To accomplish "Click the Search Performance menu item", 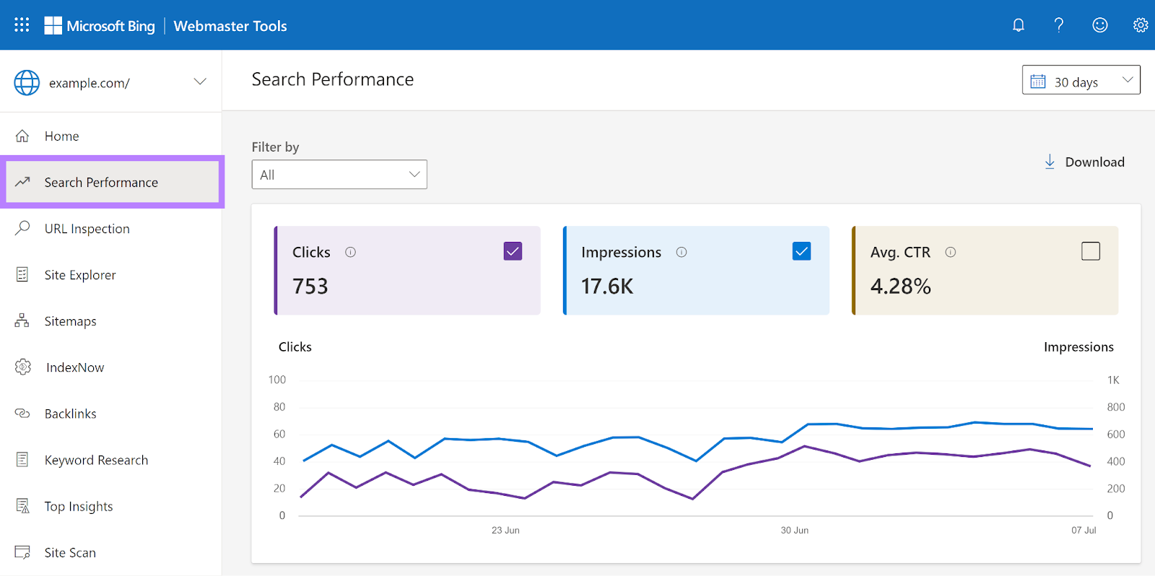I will pyautogui.click(x=101, y=183).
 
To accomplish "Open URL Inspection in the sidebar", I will pyautogui.click(x=87, y=229).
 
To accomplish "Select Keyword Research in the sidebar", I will pyautogui.click(x=96, y=461).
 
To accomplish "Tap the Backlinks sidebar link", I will pyautogui.click(x=70, y=414).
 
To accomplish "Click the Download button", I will pyautogui.click(x=1085, y=162).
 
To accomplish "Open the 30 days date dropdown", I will pyautogui.click(x=1081, y=81).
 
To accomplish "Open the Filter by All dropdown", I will pyautogui.click(x=339, y=175).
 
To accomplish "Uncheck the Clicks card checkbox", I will pyautogui.click(x=513, y=251).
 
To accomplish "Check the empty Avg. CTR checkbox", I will pyautogui.click(x=1091, y=251).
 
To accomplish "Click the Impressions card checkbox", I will pyautogui.click(x=801, y=251).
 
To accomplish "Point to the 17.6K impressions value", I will pyautogui.click(x=607, y=287).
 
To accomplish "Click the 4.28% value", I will pyautogui.click(x=900, y=287).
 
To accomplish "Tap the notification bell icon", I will pyautogui.click(x=1019, y=25).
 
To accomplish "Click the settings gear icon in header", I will pyautogui.click(x=1140, y=25).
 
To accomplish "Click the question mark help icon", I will pyautogui.click(x=1059, y=25).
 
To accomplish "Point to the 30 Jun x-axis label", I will pyautogui.click(x=794, y=531).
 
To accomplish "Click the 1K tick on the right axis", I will pyautogui.click(x=1113, y=380).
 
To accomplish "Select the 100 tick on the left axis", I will pyautogui.click(x=277, y=380).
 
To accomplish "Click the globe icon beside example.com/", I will pyautogui.click(x=27, y=83).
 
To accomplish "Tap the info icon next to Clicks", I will pyautogui.click(x=351, y=253).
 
